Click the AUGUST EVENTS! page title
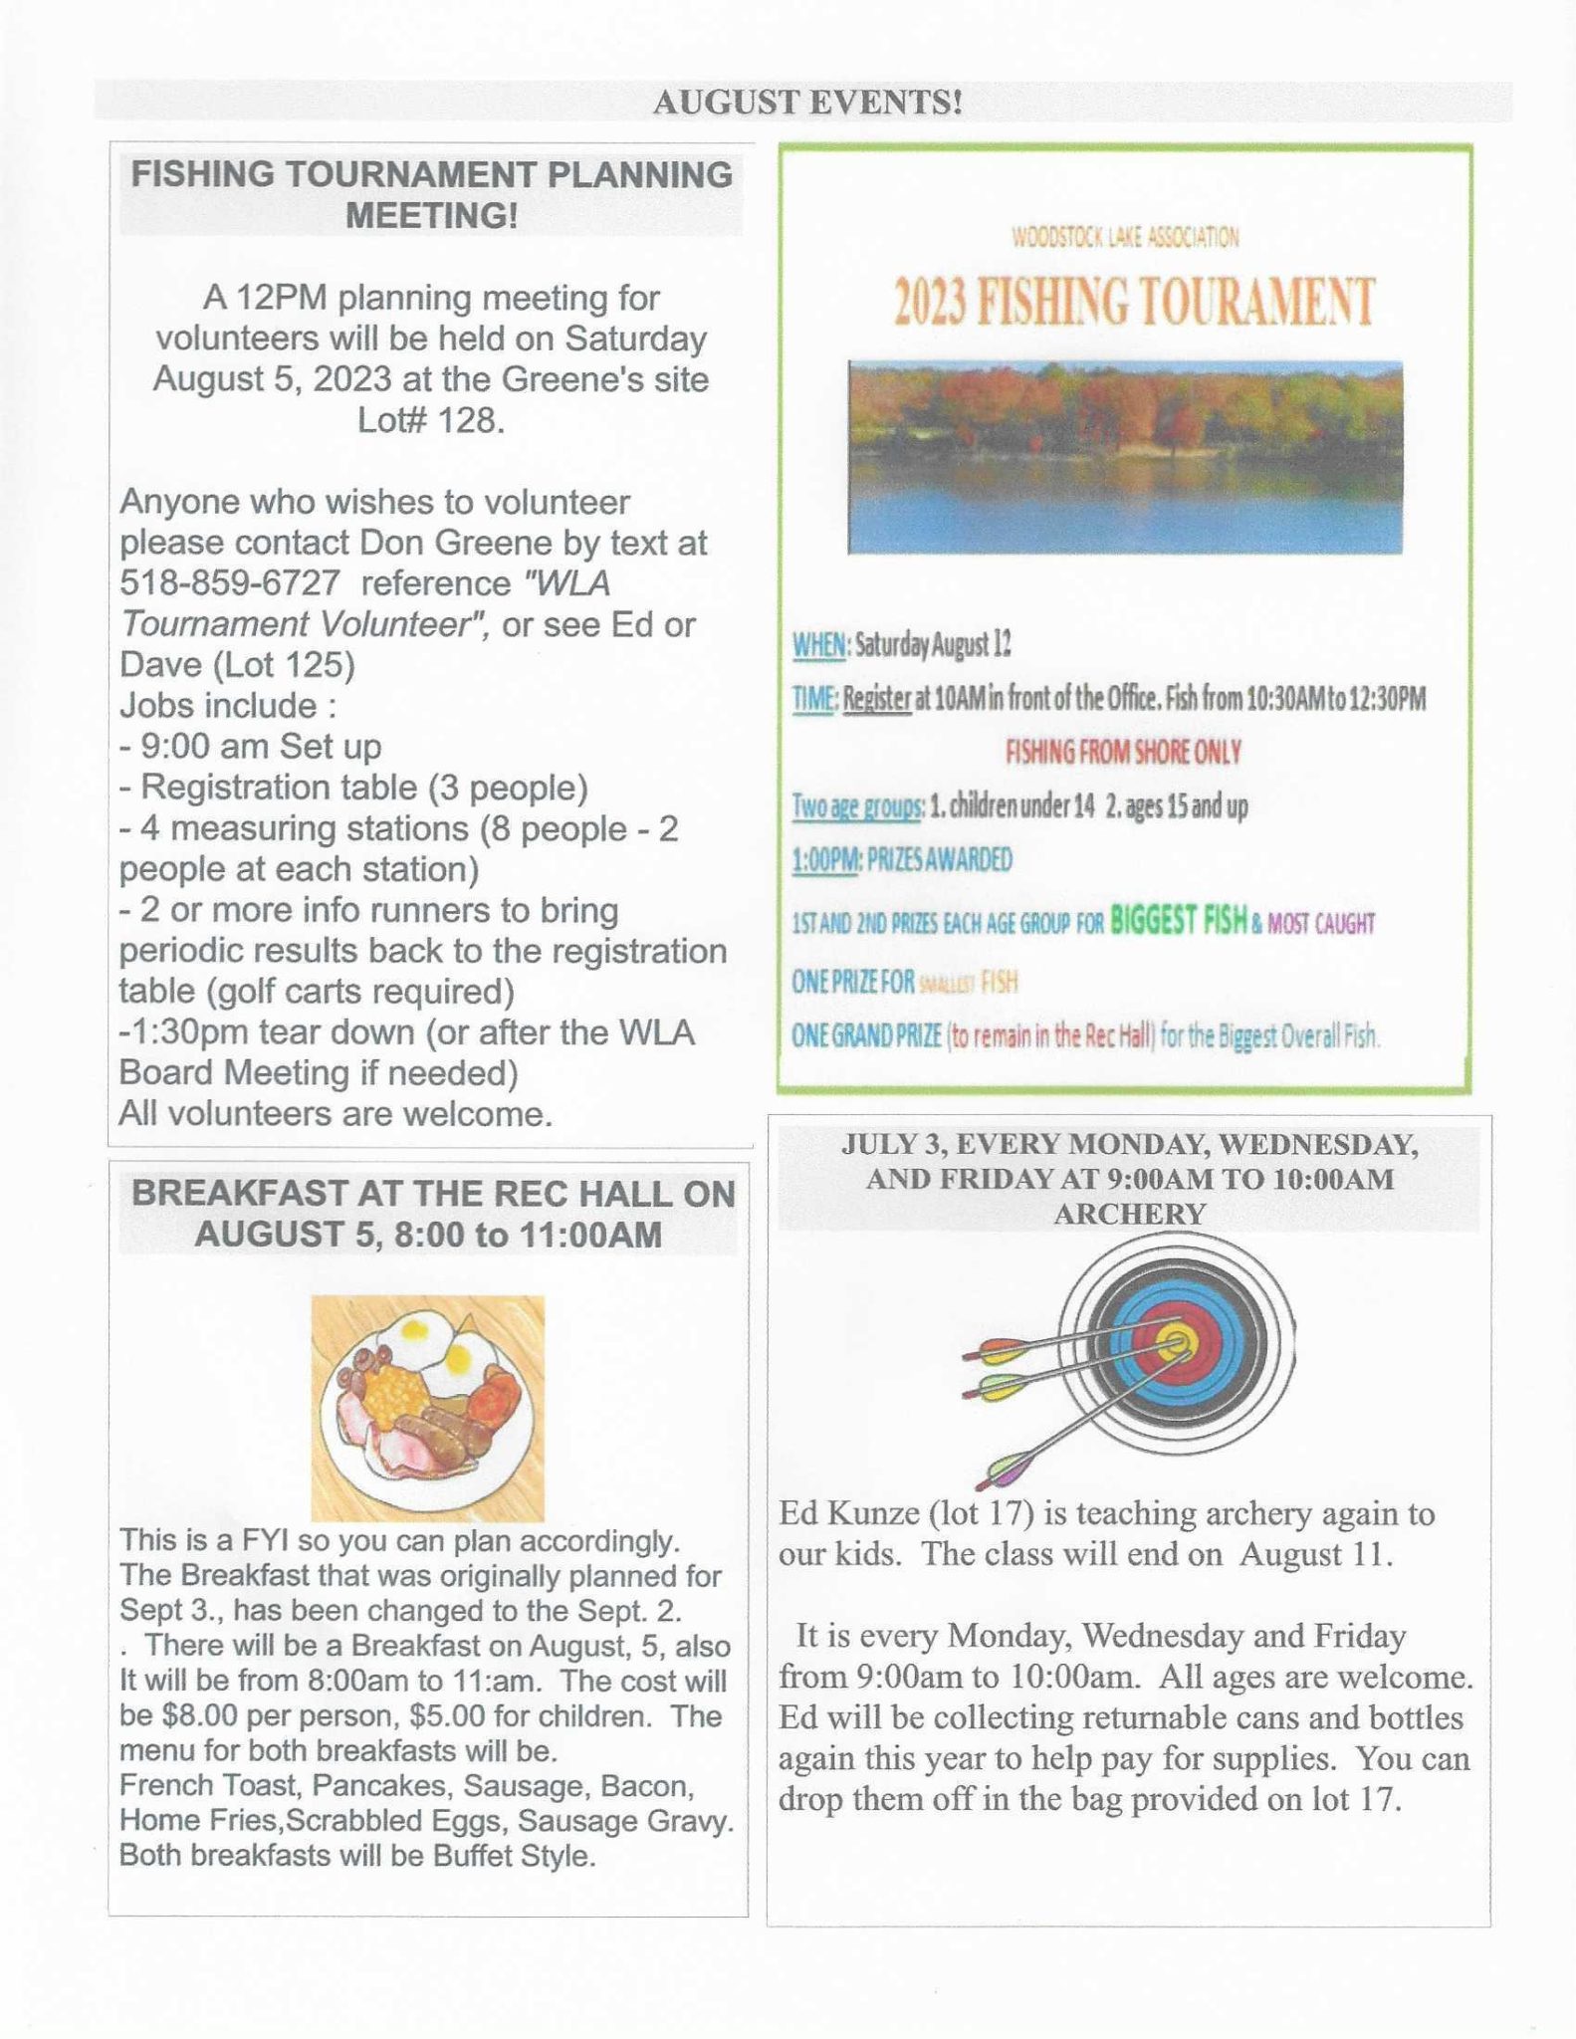click(x=806, y=103)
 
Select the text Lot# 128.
click(x=430, y=421)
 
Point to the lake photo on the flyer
click(x=1125, y=457)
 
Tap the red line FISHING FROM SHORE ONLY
click(x=1123, y=752)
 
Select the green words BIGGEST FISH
click(x=1178, y=921)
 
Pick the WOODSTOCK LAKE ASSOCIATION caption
click(x=1125, y=237)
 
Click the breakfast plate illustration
click(x=428, y=1407)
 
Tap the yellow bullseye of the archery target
click(x=1179, y=1341)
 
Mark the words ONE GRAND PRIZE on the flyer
click(x=866, y=1036)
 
